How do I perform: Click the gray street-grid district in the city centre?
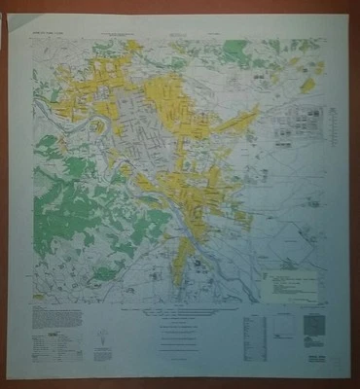coord(146,136)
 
